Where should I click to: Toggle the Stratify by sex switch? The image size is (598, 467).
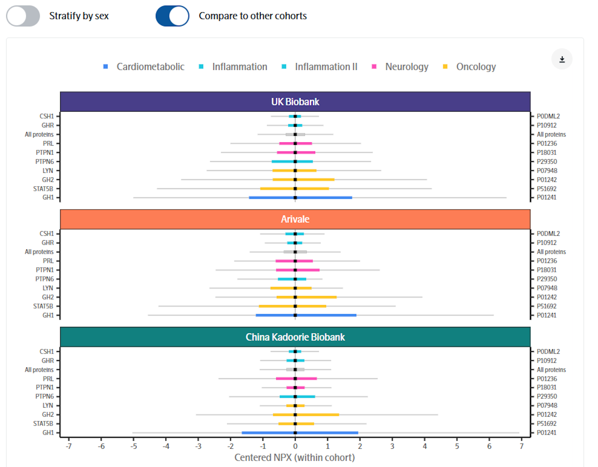click(x=23, y=16)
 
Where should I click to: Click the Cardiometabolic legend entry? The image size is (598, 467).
click(x=150, y=67)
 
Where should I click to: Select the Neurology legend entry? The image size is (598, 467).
click(x=406, y=67)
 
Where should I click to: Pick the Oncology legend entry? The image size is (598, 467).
click(x=476, y=67)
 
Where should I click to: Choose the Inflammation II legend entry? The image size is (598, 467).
click(x=326, y=67)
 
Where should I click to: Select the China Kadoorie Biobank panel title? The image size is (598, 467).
click(x=295, y=337)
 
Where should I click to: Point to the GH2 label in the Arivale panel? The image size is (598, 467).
click(x=48, y=297)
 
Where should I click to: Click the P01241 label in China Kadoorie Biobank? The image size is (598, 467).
click(x=546, y=432)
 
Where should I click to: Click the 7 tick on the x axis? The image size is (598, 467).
click(x=521, y=446)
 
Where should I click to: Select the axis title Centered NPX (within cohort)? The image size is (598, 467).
click(x=295, y=457)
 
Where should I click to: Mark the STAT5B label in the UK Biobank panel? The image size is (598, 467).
click(x=43, y=189)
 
